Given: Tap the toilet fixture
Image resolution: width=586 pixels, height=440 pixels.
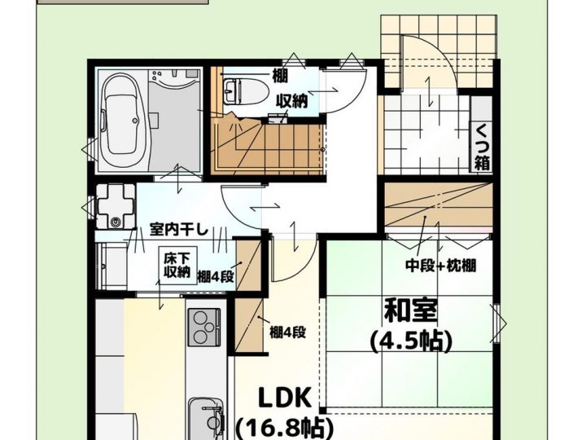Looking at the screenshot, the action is pyautogui.click(x=246, y=91).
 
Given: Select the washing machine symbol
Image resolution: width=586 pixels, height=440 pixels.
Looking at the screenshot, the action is pyautogui.click(x=116, y=205).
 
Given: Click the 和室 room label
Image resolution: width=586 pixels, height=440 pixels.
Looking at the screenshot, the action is pyautogui.click(x=410, y=310).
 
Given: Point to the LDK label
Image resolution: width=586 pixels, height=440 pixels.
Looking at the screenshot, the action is pyautogui.click(x=285, y=398).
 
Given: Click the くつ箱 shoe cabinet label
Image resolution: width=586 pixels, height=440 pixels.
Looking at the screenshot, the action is pyautogui.click(x=483, y=147).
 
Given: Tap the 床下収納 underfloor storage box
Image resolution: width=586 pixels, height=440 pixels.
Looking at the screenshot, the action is pyautogui.click(x=177, y=266).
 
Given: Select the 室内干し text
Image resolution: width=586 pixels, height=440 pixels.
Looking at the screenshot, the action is pyautogui.click(x=178, y=229).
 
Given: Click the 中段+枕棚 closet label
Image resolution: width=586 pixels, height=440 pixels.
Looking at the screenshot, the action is pyautogui.click(x=440, y=266).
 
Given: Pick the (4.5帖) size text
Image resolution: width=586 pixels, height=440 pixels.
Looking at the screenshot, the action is pyautogui.click(x=411, y=341).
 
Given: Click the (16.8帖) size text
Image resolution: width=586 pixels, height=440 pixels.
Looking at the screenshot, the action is pyautogui.click(x=285, y=428).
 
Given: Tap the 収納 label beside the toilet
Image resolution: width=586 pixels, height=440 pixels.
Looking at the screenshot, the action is pyautogui.click(x=292, y=101).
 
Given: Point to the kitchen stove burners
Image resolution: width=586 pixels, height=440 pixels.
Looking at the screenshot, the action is pyautogui.click(x=204, y=327).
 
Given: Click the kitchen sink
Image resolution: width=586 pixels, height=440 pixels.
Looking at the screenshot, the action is pyautogui.click(x=206, y=419).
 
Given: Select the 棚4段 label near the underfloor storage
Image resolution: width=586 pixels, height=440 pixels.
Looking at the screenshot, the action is pyautogui.click(x=215, y=277).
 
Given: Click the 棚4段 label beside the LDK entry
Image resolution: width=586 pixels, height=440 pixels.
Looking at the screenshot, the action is pyautogui.click(x=288, y=332).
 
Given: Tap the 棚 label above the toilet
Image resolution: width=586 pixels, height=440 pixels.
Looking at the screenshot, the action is pyautogui.click(x=280, y=77).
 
